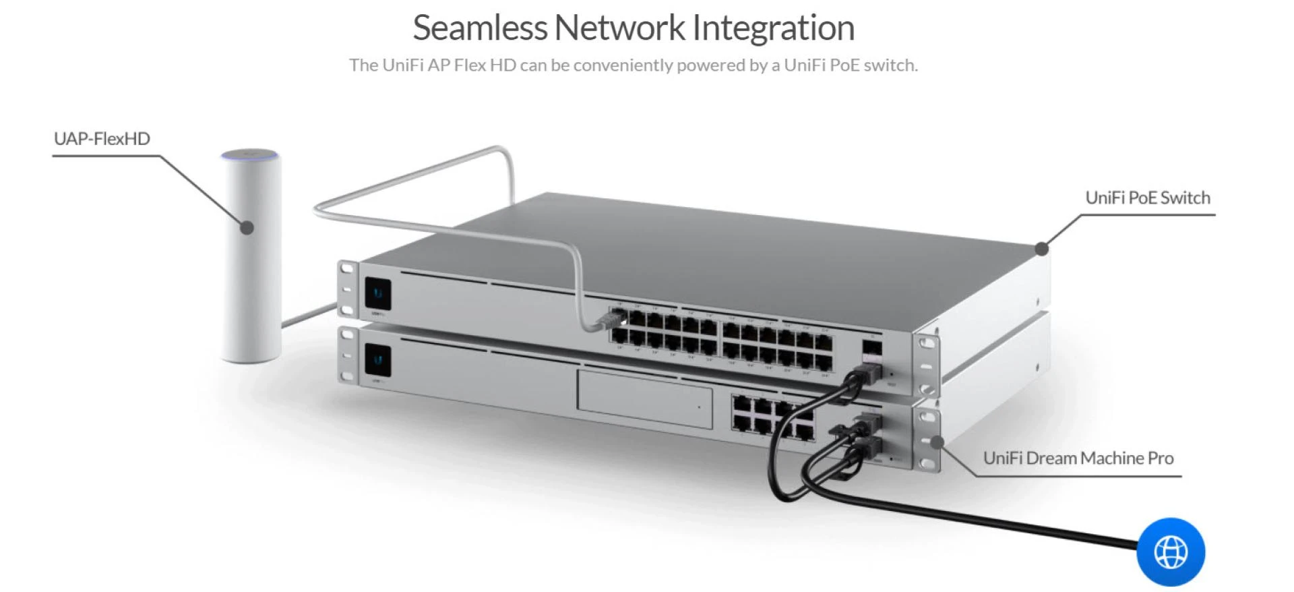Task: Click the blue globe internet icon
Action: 1171,552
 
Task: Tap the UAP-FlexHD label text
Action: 102,139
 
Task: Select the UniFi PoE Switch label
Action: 1148,198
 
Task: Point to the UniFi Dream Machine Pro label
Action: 1078,458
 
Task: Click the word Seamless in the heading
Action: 480,28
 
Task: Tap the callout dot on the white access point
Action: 247,228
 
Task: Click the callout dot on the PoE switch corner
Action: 1042,249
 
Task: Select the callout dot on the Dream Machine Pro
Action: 937,441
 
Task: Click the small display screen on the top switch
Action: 378,294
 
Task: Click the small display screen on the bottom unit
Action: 378,360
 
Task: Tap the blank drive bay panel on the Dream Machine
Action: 644,398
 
